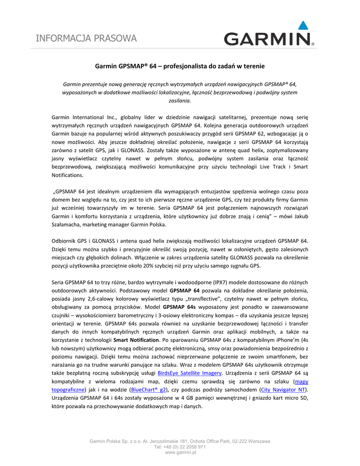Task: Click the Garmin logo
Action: coord(267,39)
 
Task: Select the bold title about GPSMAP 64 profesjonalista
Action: coord(179,66)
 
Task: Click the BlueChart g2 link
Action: coord(148,390)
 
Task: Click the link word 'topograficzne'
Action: coord(67,390)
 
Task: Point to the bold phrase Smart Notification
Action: coord(136,340)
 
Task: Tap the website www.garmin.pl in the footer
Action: coord(180,452)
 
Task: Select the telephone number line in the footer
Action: coord(180,447)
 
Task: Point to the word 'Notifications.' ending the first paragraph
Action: coord(68,175)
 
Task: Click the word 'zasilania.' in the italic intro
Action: coord(180,101)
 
